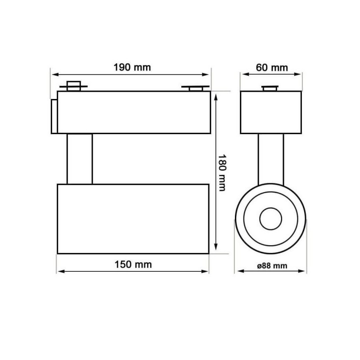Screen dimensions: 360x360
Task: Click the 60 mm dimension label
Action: [x=271, y=67]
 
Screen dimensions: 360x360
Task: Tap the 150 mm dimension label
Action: [x=132, y=265]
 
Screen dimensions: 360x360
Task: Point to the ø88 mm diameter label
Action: [x=272, y=265]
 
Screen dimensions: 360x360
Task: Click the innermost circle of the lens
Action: [x=271, y=219]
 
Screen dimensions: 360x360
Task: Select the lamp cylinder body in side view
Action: [x=133, y=218]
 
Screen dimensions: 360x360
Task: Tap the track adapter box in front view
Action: [x=270, y=112]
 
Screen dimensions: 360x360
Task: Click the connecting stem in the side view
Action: [x=80, y=159]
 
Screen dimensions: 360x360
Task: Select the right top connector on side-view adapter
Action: [x=195, y=88]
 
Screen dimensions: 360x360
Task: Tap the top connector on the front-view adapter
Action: [x=271, y=88]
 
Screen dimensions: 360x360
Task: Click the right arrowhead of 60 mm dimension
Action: [x=299, y=74]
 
